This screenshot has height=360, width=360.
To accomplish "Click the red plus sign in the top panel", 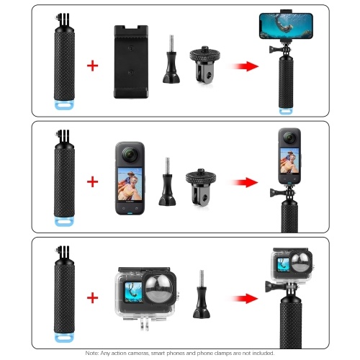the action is pos(92,66).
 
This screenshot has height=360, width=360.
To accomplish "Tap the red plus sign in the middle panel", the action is pos(92,181).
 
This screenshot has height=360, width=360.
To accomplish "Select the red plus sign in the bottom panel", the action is pos(92,298).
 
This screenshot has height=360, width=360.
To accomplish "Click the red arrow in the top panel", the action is pos(245,66).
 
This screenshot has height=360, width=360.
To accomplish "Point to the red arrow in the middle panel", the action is pos(245,182).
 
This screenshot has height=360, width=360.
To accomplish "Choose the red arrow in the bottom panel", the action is pos(245,299).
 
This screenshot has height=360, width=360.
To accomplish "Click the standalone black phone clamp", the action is pos(131,62).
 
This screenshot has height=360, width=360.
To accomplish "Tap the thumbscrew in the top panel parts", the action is pos(171,59).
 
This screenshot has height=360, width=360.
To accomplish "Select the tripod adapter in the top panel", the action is pos(204,64).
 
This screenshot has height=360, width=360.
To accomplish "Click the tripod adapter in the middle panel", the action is pos(201,186).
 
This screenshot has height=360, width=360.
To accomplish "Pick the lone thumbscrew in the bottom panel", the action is pos(202,294).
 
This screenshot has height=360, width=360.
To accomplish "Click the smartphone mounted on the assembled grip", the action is pos(286,26).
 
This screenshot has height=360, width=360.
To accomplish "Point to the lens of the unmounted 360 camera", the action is pos(130,155).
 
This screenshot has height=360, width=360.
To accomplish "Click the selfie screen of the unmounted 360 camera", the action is pos(130,184).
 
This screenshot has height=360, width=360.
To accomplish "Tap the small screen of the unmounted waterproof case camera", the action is pos(132,292).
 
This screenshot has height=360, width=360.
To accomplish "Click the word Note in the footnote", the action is pos(91,353).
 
